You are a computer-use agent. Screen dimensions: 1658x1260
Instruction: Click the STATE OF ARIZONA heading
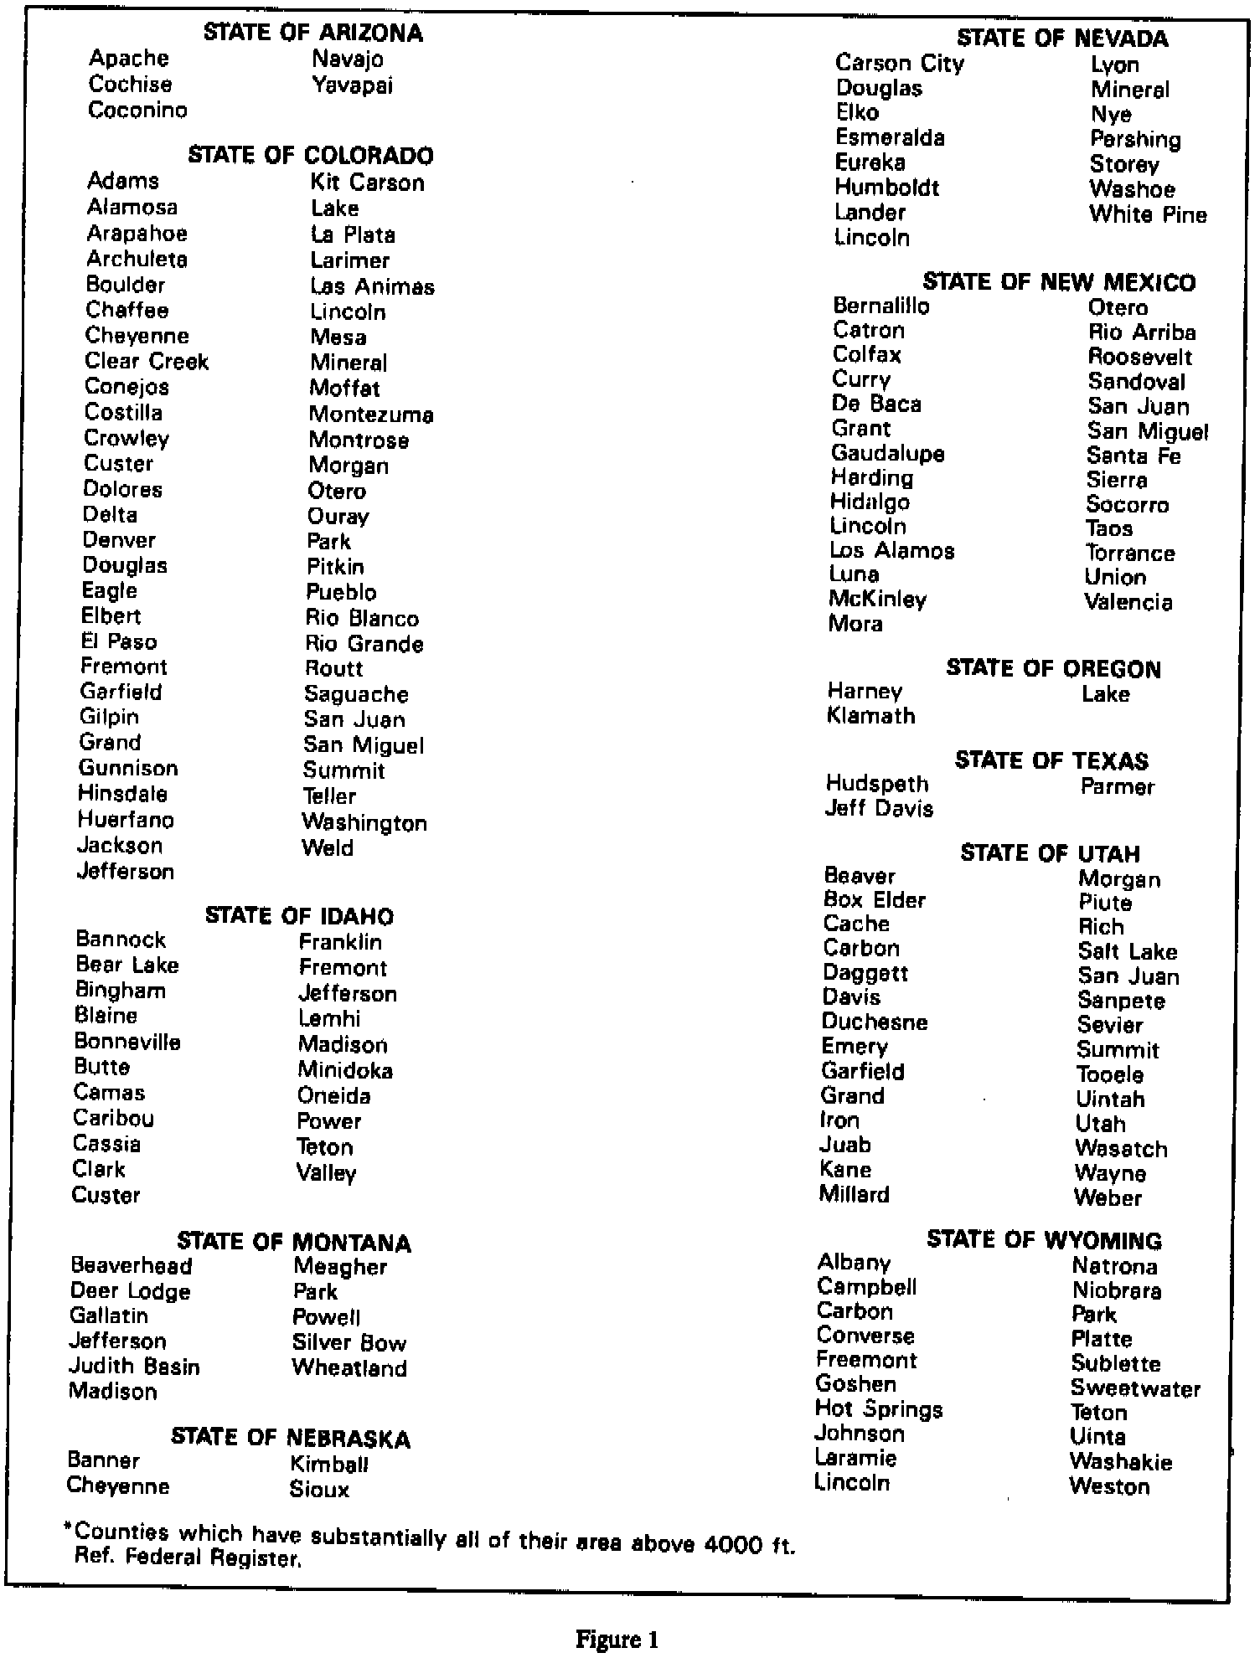[x=313, y=33]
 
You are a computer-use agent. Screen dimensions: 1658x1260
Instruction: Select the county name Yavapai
[x=352, y=85]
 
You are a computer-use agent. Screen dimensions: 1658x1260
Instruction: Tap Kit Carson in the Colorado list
[x=367, y=183]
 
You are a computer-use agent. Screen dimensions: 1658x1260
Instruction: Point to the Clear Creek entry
[x=147, y=362]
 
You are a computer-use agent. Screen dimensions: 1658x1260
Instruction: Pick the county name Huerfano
[x=126, y=820]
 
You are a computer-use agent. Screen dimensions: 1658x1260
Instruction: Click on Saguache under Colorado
[x=356, y=694]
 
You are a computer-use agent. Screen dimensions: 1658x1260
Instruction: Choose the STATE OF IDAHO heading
[x=299, y=916]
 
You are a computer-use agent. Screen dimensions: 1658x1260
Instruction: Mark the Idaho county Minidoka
[x=345, y=1070]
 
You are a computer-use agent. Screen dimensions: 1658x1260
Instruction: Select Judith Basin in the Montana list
[x=134, y=1367]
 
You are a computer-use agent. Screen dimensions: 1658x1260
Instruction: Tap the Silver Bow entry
[x=349, y=1343]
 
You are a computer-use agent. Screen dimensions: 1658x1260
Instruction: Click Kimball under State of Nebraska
[x=329, y=1465]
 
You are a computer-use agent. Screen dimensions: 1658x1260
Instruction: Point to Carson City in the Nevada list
[x=900, y=64]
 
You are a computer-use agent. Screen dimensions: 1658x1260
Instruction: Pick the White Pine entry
[x=1148, y=214]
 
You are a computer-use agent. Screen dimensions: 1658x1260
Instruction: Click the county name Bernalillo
[x=880, y=306]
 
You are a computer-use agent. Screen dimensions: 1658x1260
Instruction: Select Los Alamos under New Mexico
[x=891, y=551]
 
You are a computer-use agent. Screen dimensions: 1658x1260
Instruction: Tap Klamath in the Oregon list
[x=870, y=716]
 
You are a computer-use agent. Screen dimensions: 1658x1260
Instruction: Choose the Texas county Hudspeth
[x=877, y=784]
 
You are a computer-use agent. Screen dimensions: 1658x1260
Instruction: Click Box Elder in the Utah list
[x=874, y=900]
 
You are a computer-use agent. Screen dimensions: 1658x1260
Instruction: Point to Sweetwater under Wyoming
[x=1135, y=1388]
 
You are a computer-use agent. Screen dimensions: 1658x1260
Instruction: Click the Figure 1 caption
[x=617, y=1639]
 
